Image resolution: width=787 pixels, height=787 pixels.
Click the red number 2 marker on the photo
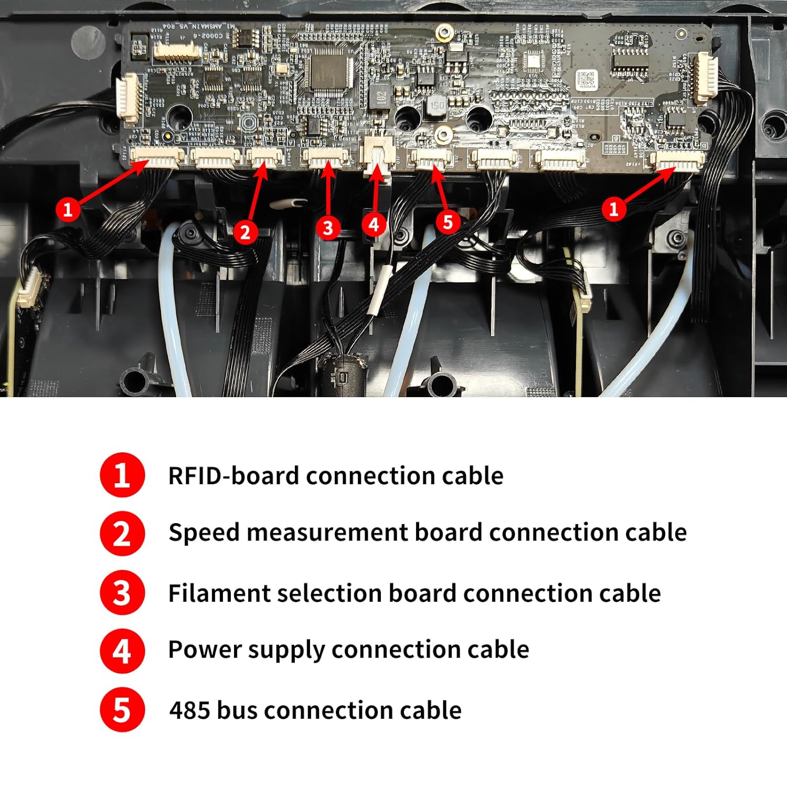pyautogui.click(x=244, y=231)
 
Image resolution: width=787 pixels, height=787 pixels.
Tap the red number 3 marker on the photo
pyautogui.click(x=328, y=227)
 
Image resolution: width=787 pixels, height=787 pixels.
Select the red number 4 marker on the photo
pyautogui.click(x=374, y=225)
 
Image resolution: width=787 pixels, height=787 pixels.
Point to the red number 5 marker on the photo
pyautogui.click(x=448, y=221)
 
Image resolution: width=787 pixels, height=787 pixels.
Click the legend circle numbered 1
pyautogui.click(x=122, y=475)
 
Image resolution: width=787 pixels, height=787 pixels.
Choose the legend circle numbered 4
pyautogui.click(x=122, y=651)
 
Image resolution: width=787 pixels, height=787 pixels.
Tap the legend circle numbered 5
pyautogui.click(x=122, y=709)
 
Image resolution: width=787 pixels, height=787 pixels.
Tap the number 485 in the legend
pyautogui.click(x=189, y=710)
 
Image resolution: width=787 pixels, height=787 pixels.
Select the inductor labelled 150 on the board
pyautogui.click(x=436, y=105)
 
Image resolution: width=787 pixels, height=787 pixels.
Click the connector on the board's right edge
pyautogui.click(x=705, y=79)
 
